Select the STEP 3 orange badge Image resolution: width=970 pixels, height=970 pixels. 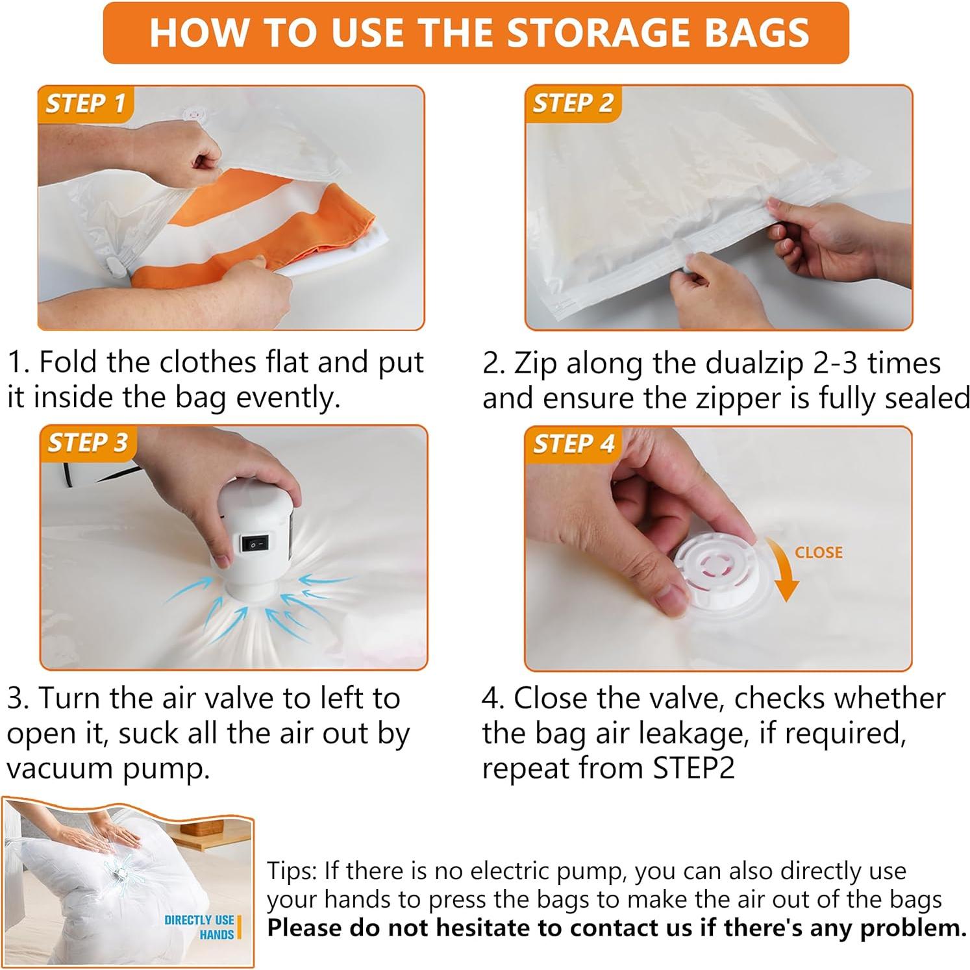(86, 443)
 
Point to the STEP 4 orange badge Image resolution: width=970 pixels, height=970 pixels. (572, 444)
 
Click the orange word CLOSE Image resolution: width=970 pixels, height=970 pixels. (819, 553)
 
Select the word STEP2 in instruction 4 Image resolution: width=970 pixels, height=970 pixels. (693, 768)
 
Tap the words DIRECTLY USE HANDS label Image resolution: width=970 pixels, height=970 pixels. (199, 927)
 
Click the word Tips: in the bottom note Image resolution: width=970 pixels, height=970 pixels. (292, 871)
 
